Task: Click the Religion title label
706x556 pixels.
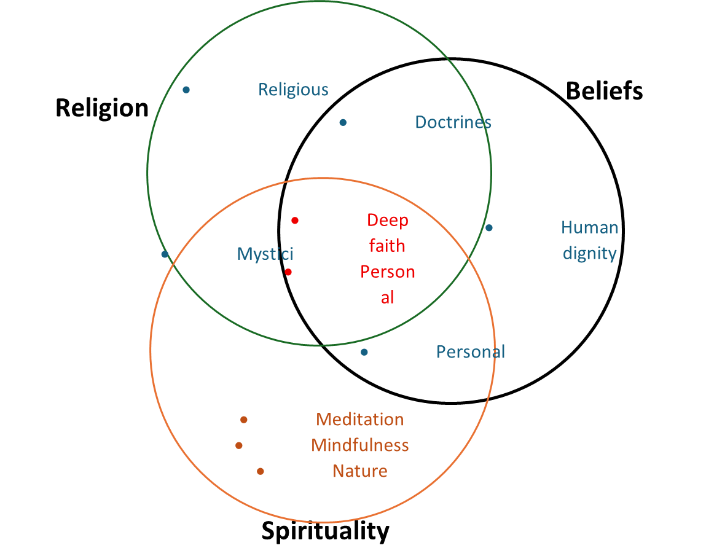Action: [x=102, y=108]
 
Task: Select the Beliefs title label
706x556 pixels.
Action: [x=604, y=90]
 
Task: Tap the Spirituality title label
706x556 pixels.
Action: [x=325, y=530]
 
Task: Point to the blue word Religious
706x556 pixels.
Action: [x=293, y=90]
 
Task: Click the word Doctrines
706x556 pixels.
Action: [x=453, y=122]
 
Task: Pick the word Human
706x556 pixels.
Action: [x=589, y=227]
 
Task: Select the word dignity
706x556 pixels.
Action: [x=589, y=253]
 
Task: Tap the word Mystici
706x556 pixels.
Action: [x=265, y=254]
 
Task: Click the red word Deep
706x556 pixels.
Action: [x=387, y=220]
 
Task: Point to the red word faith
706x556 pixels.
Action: [x=387, y=246]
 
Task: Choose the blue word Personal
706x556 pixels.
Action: [x=470, y=351]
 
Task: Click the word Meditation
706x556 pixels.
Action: [x=359, y=420]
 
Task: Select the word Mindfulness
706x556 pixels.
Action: [x=359, y=445]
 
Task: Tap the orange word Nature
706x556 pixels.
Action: [x=359, y=471]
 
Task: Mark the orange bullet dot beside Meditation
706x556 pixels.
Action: [x=244, y=420]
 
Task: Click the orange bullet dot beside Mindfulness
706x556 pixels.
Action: [x=239, y=445]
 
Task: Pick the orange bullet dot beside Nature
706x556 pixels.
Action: [x=261, y=471]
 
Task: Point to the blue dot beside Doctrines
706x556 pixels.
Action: [x=343, y=122]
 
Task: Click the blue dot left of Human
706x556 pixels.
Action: [x=489, y=228]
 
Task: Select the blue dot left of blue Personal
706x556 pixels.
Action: [x=364, y=352]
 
